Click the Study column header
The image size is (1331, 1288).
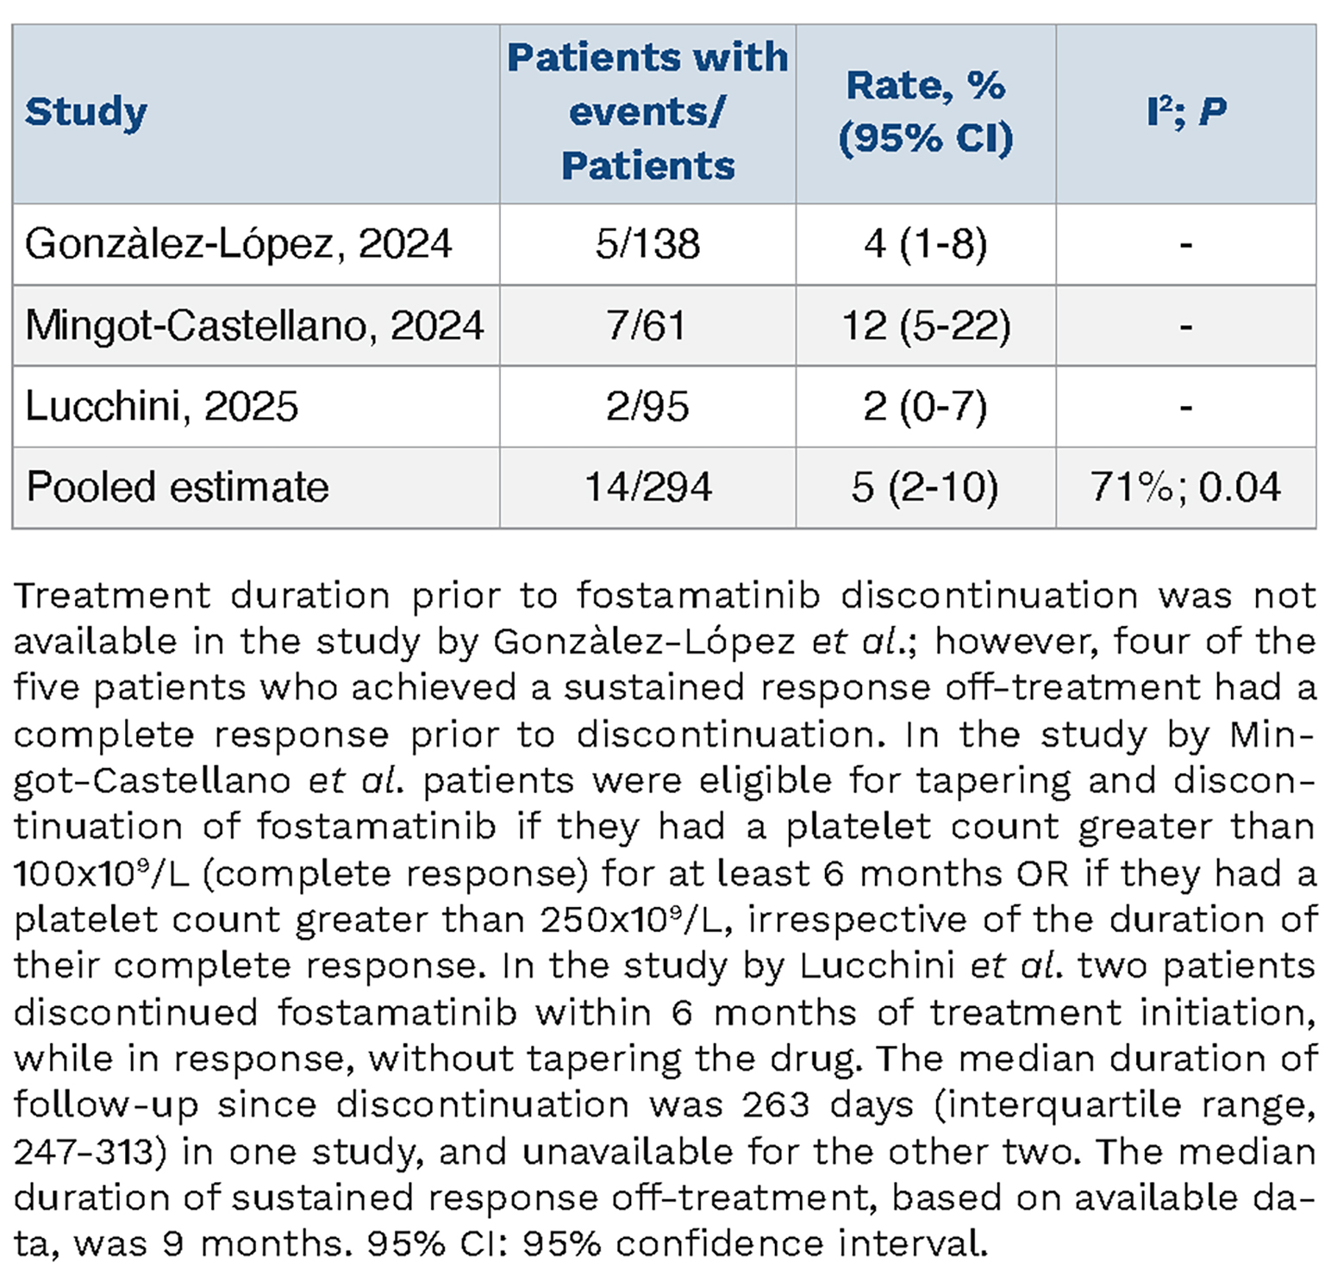point(86,113)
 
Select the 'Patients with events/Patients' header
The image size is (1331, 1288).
point(647,111)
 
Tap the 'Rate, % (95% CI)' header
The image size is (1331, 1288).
point(926,111)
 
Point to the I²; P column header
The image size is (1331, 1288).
point(1186,111)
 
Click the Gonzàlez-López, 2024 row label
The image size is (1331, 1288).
point(239,244)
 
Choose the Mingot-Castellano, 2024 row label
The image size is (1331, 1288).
point(254,326)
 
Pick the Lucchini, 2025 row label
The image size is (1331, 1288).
point(162,406)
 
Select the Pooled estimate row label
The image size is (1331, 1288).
point(178,487)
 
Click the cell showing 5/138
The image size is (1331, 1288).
point(647,244)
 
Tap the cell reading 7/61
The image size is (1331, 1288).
point(647,326)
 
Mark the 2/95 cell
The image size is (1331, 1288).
point(647,406)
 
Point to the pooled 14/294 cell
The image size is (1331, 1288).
point(648,487)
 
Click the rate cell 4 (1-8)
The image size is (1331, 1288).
point(926,244)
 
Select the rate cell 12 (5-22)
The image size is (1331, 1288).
point(926,326)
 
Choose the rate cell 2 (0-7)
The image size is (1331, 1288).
point(926,406)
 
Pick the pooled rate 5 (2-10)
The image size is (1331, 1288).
point(925,487)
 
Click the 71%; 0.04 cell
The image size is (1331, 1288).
point(1186,487)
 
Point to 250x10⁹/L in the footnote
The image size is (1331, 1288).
point(636,920)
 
